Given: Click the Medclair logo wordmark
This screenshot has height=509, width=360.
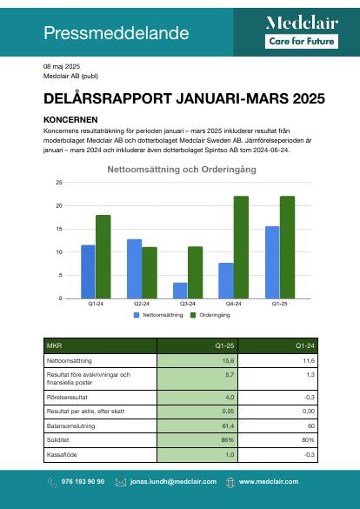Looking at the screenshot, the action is coord(302,23).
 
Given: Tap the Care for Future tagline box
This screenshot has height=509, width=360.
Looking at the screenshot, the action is coord(302,42).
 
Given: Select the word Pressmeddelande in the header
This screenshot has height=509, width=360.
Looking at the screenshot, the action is coord(117,33).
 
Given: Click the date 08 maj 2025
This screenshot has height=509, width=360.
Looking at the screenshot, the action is coord(62,66).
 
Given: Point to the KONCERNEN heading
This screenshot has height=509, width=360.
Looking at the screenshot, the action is coord(70,120).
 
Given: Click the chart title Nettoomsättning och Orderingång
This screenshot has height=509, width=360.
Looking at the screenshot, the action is coord(182,170).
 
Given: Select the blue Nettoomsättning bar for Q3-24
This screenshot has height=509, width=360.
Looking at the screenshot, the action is coord(180,291).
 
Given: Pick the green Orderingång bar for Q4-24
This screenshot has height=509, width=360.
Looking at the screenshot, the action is coord(241,247).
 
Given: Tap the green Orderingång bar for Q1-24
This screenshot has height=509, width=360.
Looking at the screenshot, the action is coord(103,257).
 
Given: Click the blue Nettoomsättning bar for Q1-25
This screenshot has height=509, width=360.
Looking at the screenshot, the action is coord(272,262).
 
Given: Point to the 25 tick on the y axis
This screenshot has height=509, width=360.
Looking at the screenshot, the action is coord(59,183).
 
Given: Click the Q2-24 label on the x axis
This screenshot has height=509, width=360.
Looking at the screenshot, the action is coord(142,304).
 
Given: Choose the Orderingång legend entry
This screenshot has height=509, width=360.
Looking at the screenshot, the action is coord(210,315).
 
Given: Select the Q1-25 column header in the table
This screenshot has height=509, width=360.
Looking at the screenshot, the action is coord(224,345).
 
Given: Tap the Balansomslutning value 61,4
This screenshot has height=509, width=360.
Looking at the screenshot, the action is coord(228,425).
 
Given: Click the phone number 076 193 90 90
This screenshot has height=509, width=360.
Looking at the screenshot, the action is coord(83,481).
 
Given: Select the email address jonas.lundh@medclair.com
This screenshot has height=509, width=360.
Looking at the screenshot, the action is coord(173,481).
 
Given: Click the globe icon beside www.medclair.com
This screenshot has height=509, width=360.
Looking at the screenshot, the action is coord(230,482).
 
